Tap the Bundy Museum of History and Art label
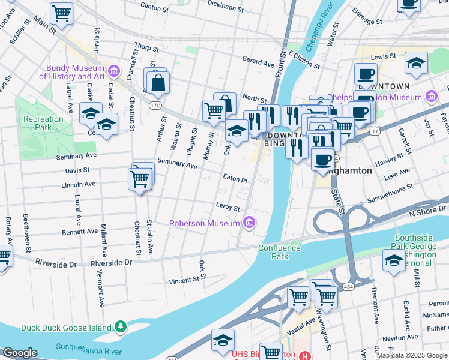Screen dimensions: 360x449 pos(72,72)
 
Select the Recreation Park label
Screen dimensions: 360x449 pos(43,124)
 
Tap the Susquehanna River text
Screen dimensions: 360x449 pos(89,347)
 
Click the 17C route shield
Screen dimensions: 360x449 pos(156,106)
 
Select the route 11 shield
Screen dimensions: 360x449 pos(375,130)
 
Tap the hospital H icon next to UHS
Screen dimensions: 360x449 pos(306,355)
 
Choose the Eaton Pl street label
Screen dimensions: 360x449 pos(235,179)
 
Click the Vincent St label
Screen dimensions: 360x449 pos(183,280)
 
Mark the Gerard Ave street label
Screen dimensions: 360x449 pos(258,61)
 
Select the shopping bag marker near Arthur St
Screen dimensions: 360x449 pos(158,84)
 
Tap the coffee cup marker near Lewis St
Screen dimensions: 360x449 pos(365,74)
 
